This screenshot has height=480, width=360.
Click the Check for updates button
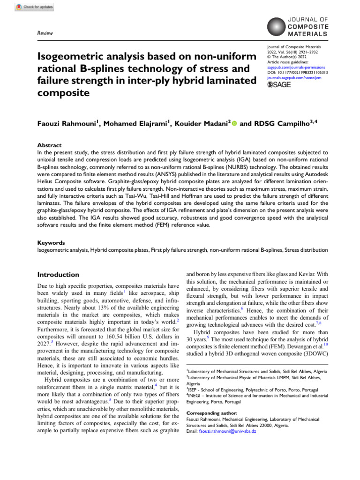[x=35, y=7]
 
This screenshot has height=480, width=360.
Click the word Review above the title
[x=45, y=33]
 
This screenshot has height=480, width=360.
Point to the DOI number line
[x=297, y=73]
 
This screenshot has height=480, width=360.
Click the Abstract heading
[x=49, y=146]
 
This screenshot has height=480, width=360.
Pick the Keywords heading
[x=51, y=243]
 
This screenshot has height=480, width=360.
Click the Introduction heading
[x=58, y=274]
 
